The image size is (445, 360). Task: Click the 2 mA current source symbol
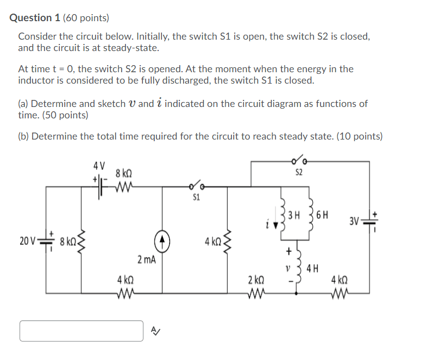tap(161, 239)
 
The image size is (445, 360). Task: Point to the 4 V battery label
tap(99, 165)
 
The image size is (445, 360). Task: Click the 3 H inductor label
tap(294, 216)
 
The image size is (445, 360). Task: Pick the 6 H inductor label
tap(322, 216)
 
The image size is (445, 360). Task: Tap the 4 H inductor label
tap(312, 267)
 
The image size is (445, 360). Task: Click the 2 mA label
tap(146, 260)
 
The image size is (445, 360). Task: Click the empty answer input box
tap(82, 331)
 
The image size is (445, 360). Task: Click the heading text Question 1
tap(35, 18)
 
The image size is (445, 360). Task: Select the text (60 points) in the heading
tap(86, 18)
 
